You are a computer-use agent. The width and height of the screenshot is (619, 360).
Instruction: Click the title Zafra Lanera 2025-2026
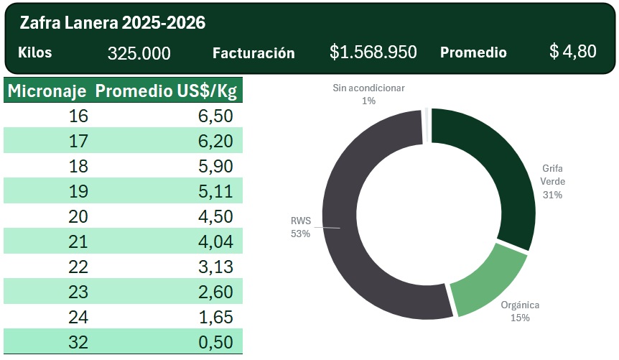pos(113,23)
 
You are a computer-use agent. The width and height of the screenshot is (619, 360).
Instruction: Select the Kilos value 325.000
pos(139,53)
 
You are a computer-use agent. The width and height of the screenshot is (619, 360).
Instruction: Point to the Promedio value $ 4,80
pos(572,52)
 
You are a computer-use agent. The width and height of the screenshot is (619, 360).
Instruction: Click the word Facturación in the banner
pos(253,53)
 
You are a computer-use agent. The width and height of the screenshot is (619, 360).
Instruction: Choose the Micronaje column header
pos(47,91)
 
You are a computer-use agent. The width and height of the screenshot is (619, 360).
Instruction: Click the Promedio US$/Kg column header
pos(166,91)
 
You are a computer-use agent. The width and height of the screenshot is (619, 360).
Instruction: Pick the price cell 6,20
pos(215,141)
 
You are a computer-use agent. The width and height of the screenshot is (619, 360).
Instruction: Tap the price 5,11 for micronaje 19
pos(215,191)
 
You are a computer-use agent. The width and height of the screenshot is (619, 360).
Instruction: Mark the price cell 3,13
pos(215,267)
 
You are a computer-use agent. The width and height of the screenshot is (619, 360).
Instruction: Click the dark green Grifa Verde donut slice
pos(495,172)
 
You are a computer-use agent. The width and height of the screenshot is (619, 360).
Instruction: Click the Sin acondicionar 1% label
pos(368,94)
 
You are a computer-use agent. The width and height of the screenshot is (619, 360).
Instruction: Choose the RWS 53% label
pos(300,228)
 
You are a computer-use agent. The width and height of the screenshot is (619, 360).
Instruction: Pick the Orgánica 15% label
pos(520,311)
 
